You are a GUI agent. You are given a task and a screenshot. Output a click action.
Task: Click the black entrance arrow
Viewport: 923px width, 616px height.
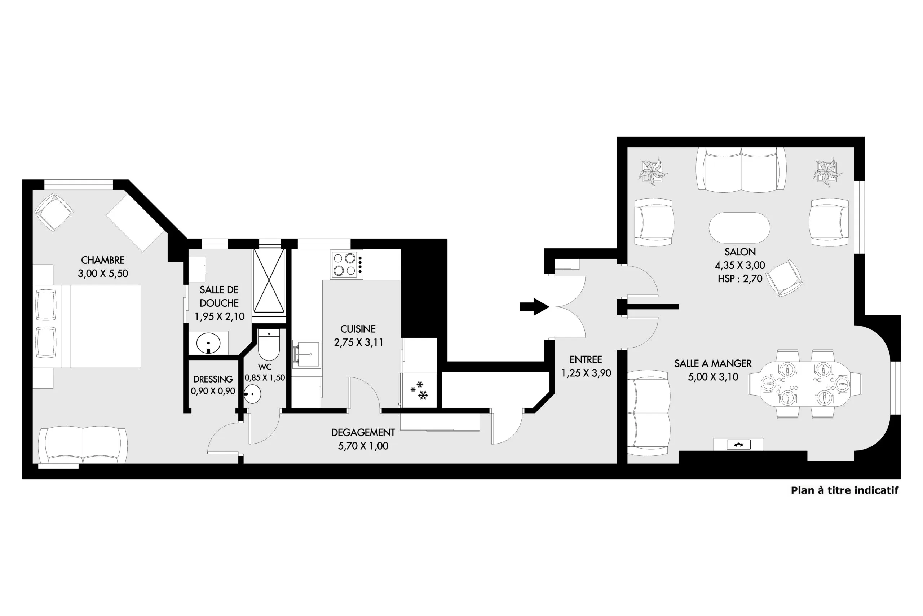tap(534, 307)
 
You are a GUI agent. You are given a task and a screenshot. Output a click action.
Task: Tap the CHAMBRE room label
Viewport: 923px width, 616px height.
tap(103, 260)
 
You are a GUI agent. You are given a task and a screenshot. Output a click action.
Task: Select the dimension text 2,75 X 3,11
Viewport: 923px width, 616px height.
tap(358, 342)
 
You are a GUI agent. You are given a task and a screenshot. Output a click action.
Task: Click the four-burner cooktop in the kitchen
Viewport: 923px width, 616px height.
tap(346, 265)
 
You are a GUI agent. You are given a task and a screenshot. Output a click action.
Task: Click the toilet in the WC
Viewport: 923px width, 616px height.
tap(269, 345)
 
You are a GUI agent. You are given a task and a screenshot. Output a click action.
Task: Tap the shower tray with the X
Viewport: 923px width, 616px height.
tap(269, 280)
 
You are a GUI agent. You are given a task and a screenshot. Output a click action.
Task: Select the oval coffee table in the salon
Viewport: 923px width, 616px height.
tap(739, 228)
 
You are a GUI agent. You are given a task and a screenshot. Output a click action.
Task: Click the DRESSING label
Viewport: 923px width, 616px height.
tap(213, 379)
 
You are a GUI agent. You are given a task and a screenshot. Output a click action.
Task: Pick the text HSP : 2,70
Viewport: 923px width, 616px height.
tap(740, 279)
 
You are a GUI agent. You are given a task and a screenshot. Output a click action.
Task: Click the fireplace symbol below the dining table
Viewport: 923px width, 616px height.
tap(738, 445)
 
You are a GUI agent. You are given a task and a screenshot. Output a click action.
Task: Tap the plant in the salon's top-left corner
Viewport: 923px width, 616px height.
tap(653, 172)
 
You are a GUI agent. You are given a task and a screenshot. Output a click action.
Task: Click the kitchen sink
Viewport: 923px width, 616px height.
tap(306, 354)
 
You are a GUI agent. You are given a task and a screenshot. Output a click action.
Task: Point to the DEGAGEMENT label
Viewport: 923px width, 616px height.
tap(363, 433)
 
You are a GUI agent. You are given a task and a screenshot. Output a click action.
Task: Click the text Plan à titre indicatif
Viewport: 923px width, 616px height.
tap(844, 490)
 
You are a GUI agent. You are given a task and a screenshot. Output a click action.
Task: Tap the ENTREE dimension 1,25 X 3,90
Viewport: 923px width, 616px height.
tap(586, 373)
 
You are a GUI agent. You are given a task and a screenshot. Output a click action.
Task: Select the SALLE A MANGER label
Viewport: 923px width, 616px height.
tap(713, 363)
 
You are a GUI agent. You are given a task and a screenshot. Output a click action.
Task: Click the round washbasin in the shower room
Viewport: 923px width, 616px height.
tap(208, 343)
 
